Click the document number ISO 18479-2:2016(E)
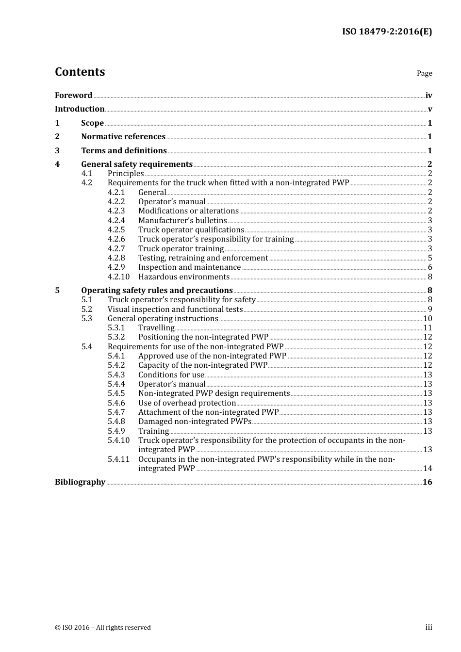(x=387, y=32)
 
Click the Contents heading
(x=80, y=72)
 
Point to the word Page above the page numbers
(x=424, y=73)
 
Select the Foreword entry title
(x=73, y=96)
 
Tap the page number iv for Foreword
(x=428, y=96)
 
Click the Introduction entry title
(x=80, y=109)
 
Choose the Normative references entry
(x=123, y=137)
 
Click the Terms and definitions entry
(x=124, y=151)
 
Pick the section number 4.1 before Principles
(x=86, y=174)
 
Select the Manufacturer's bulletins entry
(x=182, y=221)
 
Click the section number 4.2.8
(x=116, y=258)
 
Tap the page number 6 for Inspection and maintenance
(x=430, y=267)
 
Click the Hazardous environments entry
(x=184, y=277)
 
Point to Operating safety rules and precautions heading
(x=157, y=291)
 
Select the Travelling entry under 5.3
(x=156, y=328)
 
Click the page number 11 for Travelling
(x=428, y=328)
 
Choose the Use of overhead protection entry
(x=187, y=403)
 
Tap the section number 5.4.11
(x=118, y=459)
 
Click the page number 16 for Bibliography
(x=427, y=482)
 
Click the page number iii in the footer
(x=428, y=627)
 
